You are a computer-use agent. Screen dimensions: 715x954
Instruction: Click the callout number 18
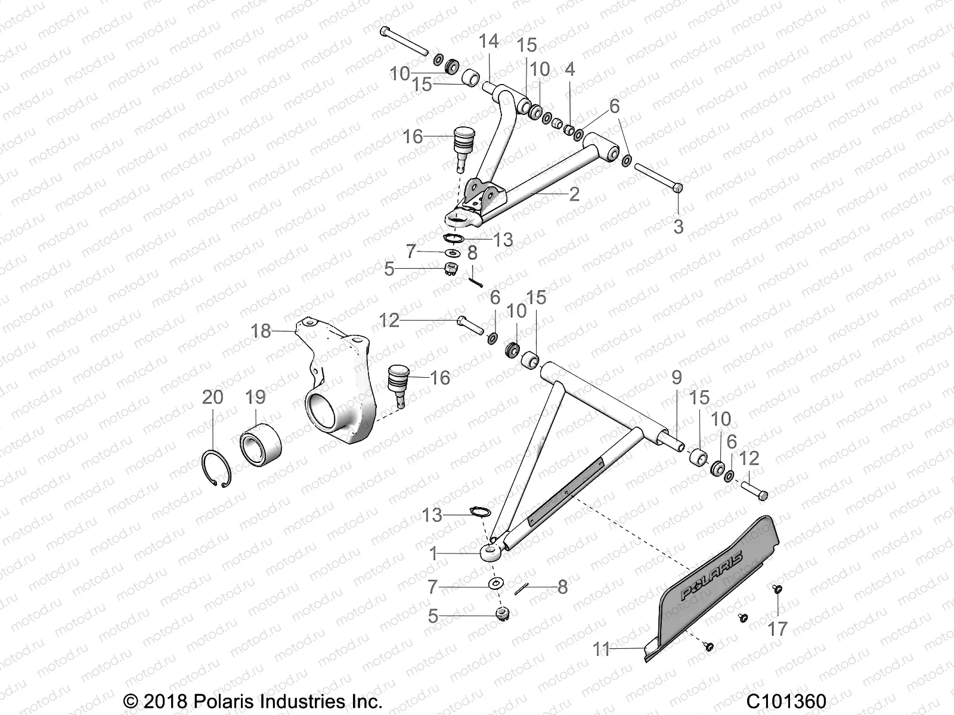point(261,331)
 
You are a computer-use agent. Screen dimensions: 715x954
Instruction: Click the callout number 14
point(488,41)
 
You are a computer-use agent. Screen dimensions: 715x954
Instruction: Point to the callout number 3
point(678,226)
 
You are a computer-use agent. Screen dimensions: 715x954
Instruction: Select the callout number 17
point(778,628)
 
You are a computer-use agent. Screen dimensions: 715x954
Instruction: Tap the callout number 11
point(602,649)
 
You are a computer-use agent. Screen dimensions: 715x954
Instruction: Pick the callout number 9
point(676,378)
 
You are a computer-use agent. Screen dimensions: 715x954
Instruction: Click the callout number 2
point(574,194)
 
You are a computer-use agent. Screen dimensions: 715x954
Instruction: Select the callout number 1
point(433,554)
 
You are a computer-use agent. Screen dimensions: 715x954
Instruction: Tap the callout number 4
point(569,69)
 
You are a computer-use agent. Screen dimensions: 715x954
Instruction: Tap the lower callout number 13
point(432,515)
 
